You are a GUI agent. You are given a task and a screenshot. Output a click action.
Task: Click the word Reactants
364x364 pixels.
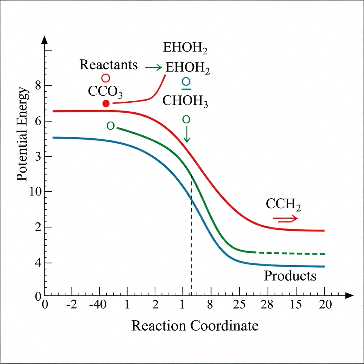tap(108, 65)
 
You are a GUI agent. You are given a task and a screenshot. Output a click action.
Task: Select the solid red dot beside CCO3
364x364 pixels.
tap(106, 103)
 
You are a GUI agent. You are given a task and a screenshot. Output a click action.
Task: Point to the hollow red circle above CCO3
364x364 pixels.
tap(106, 78)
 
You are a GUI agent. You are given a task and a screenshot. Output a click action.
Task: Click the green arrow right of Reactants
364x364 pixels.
tap(154, 67)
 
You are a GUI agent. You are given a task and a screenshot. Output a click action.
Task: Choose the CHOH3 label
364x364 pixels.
tap(185, 101)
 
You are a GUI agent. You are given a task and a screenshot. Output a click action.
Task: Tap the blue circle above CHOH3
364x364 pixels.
tap(186, 82)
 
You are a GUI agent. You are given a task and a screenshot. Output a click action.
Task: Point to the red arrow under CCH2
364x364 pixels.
tap(285, 219)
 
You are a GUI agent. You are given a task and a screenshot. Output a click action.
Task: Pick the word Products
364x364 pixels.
tap(290, 276)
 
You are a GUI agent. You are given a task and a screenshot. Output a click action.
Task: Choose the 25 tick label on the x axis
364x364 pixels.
tap(240, 305)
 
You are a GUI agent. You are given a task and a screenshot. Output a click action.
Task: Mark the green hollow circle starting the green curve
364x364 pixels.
tap(111, 125)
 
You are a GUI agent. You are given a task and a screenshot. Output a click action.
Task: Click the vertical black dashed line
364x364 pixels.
tap(191, 235)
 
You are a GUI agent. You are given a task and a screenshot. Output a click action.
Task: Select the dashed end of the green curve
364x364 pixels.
tap(291, 253)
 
